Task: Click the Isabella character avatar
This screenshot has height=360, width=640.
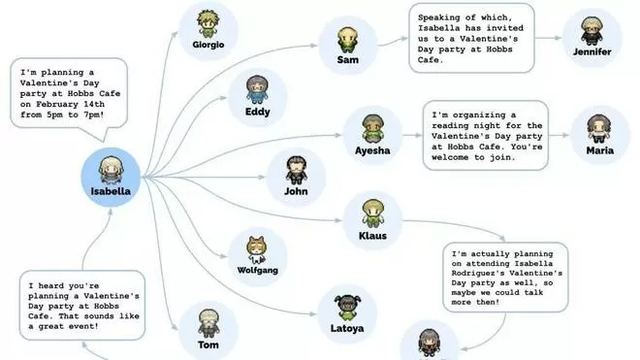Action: coord(111,170)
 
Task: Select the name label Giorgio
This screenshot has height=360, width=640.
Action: coord(208,45)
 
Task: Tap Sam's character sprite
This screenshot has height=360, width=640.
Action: coord(348,40)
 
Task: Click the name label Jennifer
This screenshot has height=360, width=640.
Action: coord(592,51)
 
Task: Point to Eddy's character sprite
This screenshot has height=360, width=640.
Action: coord(257,90)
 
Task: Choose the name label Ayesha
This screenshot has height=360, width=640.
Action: coord(372,150)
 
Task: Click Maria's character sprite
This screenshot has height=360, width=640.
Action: coord(599,129)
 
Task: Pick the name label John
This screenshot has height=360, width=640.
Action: coord(296,191)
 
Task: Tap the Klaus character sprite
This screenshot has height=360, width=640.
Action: coord(372,213)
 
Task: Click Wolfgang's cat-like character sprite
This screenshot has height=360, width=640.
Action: coord(257,250)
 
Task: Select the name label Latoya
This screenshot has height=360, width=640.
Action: coord(347,328)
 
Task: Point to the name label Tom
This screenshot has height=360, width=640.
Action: coord(208,344)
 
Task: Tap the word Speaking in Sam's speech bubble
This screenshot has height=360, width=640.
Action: coord(438,17)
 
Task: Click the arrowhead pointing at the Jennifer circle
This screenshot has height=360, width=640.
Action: coord(559,38)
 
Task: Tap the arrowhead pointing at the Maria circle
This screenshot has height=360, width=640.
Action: coord(565,135)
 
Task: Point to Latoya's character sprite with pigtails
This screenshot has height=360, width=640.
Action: coord(347,309)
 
